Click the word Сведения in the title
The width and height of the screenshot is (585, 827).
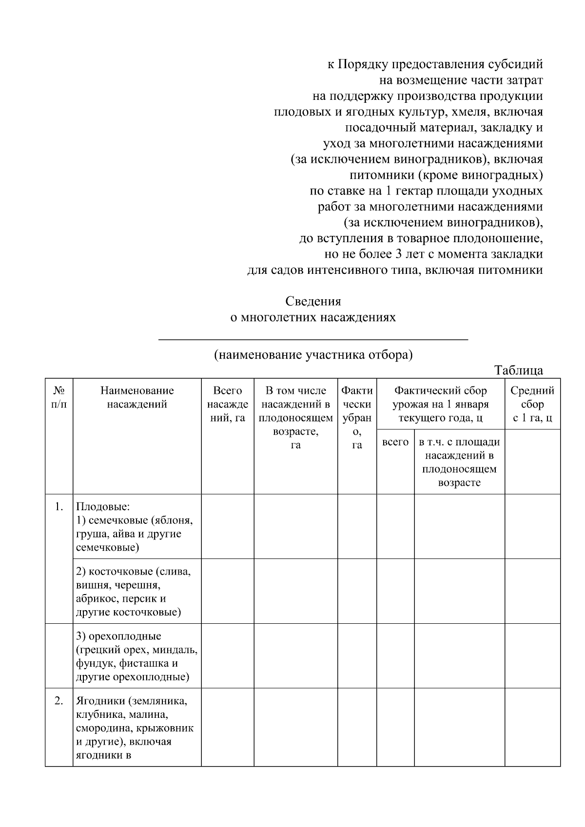[313, 301]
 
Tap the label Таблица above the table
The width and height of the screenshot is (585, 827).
[518, 370]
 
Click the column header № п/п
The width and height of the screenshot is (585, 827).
[59, 398]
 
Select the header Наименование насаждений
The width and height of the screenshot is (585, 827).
[137, 398]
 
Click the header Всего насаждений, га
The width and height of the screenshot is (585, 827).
[228, 404]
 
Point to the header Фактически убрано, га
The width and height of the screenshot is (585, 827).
[357, 417]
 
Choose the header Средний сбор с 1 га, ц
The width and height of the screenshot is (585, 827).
[532, 404]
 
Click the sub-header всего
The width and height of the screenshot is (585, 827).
[395, 442]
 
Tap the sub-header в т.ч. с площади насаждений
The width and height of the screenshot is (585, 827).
[459, 462]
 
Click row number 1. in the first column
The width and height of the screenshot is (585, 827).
[59, 507]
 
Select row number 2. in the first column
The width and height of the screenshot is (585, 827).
[59, 701]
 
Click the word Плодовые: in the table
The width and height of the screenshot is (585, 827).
[103, 507]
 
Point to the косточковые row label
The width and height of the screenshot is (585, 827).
[133, 592]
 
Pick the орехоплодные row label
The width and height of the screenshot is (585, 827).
[136, 656]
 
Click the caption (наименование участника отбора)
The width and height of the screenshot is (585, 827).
[313, 355]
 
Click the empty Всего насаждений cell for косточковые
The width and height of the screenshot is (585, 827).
[228, 591]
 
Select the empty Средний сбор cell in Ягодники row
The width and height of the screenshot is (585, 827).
[532, 727]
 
